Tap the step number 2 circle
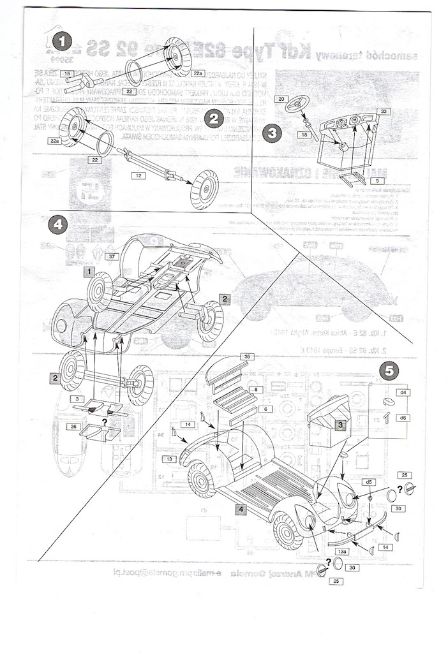tap(214, 117)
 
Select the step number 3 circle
tap(273, 133)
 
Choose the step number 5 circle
tap(390, 369)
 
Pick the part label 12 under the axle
tap(136, 174)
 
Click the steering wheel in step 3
tap(298, 103)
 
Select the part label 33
tap(383, 112)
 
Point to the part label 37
tap(112, 256)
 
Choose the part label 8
tap(254, 389)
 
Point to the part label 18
tap(304, 135)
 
